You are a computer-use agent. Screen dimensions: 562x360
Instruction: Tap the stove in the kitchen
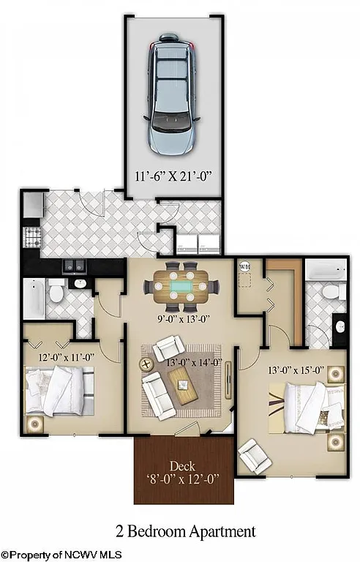pos(33,236)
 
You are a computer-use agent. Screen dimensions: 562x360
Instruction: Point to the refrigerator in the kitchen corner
pos(32,205)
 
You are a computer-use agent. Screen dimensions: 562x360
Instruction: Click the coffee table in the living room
pos(183,384)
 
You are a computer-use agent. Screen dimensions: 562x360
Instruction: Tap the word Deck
pos(182,465)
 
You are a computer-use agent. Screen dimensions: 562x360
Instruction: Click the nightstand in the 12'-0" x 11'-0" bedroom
pos(35,424)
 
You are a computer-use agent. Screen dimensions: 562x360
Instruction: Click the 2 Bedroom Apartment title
pos(185,531)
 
